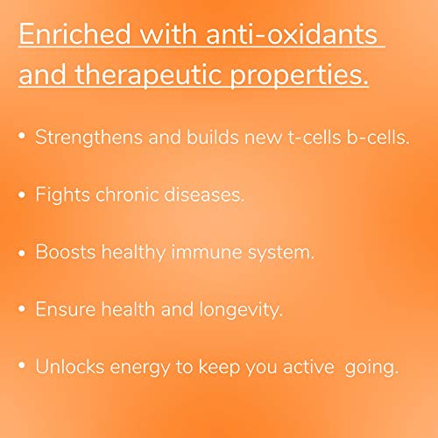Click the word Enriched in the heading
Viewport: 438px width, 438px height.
[x=74, y=34]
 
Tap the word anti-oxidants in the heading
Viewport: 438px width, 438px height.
[x=292, y=34]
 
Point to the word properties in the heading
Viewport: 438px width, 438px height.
[x=299, y=75]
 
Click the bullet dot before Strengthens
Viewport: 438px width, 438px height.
[x=22, y=136]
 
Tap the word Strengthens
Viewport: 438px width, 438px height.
[x=88, y=138]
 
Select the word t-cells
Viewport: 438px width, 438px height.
[x=314, y=138]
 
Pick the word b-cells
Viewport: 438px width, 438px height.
[x=378, y=138]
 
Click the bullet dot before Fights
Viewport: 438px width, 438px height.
[x=22, y=194]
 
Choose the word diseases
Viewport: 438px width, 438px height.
[x=204, y=194]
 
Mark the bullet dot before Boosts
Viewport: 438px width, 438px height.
[x=22, y=253]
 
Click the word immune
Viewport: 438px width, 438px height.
[x=207, y=251]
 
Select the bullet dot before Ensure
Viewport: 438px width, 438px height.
[x=22, y=309]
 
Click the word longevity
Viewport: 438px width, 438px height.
[x=241, y=309]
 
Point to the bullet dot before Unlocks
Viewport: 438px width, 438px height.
[x=22, y=365]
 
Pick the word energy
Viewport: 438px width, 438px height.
[x=140, y=368]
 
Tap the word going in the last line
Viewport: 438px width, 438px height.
[x=371, y=368]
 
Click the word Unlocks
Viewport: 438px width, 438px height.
[x=70, y=366]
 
